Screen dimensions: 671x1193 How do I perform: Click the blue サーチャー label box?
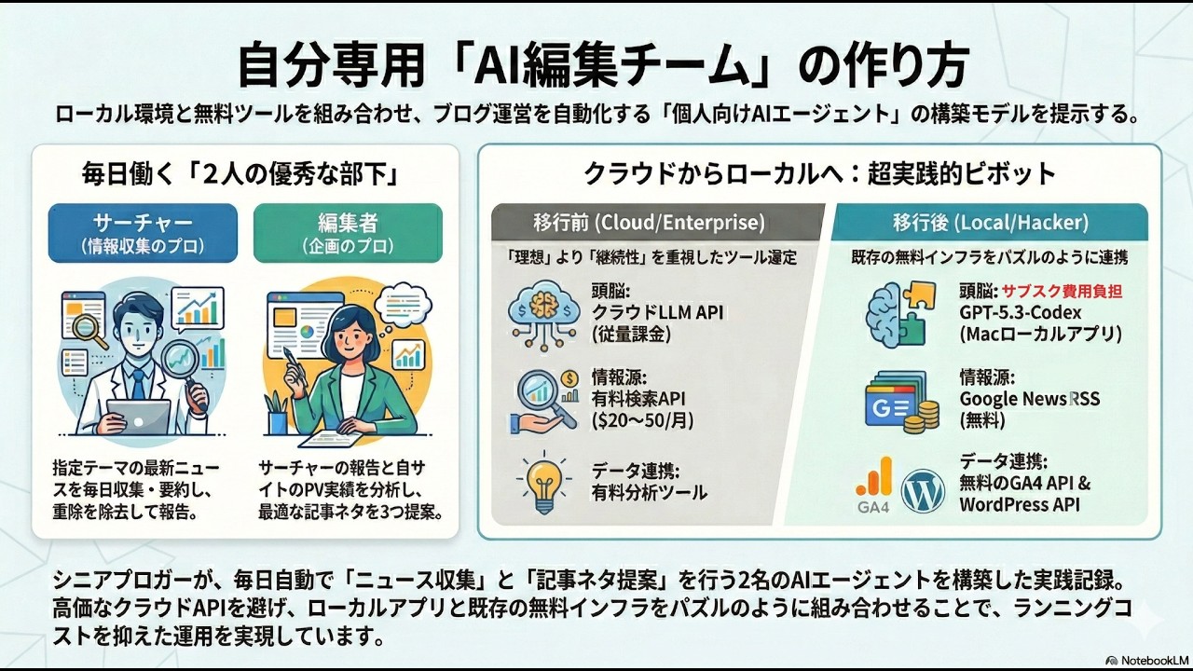[143, 233]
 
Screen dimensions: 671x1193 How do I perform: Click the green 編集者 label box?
[348, 233]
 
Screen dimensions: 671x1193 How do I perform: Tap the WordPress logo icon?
[923, 491]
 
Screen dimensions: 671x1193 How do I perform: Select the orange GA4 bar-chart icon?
[873, 486]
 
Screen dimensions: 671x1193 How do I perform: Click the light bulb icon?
[543, 480]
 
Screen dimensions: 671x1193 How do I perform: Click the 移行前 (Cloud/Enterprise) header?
[650, 224]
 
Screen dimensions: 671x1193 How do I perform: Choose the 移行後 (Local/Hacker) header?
[989, 224]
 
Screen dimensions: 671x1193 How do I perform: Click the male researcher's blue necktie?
[138, 383]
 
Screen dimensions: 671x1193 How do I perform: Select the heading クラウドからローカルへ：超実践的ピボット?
[819, 173]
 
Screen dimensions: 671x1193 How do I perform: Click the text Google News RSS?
[1029, 399]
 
